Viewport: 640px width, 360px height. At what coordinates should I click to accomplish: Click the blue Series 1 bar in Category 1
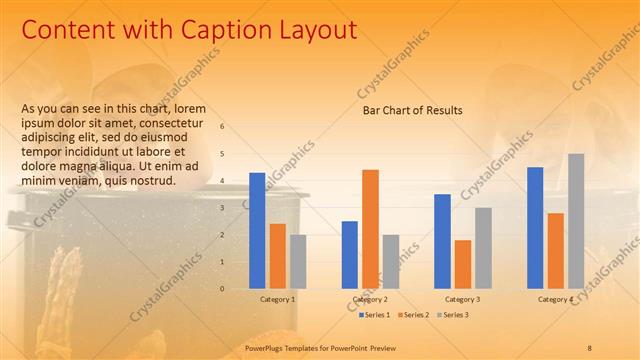(257, 231)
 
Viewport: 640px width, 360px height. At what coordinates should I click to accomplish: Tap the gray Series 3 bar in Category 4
(576, 221)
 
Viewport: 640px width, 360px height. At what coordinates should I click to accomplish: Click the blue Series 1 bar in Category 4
(535, 228)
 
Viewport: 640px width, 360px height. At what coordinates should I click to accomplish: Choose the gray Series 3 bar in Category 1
(298, 262)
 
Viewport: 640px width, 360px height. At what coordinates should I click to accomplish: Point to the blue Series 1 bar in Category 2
(349, 255)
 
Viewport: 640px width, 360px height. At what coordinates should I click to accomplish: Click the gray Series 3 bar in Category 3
(483, 248)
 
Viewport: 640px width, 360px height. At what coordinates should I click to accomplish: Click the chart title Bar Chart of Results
(412, 110)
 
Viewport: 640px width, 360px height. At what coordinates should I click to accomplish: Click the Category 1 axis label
(277, 299)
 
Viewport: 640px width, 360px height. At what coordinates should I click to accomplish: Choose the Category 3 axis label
(462, 299)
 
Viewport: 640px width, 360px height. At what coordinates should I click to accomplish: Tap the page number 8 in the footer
(589, 346)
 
